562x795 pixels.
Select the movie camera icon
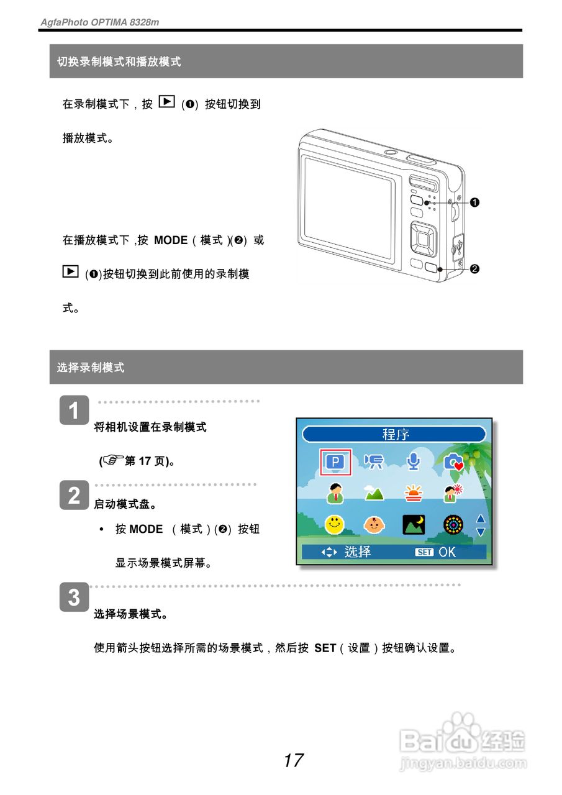coord(374,461)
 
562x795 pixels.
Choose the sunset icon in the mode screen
coord(413,493)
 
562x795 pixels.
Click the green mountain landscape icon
coord(374,493)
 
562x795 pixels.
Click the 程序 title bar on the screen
coord(394,434)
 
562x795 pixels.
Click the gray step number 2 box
coord(74,495)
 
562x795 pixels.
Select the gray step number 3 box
coord(74,597)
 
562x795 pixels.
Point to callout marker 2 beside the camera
coord(474,269)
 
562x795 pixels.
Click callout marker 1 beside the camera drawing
coord(474,202)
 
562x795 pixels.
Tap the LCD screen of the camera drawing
coord(348,208)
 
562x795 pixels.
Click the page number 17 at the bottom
coord(293,760)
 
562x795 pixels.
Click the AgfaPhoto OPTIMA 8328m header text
coord(99,22)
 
